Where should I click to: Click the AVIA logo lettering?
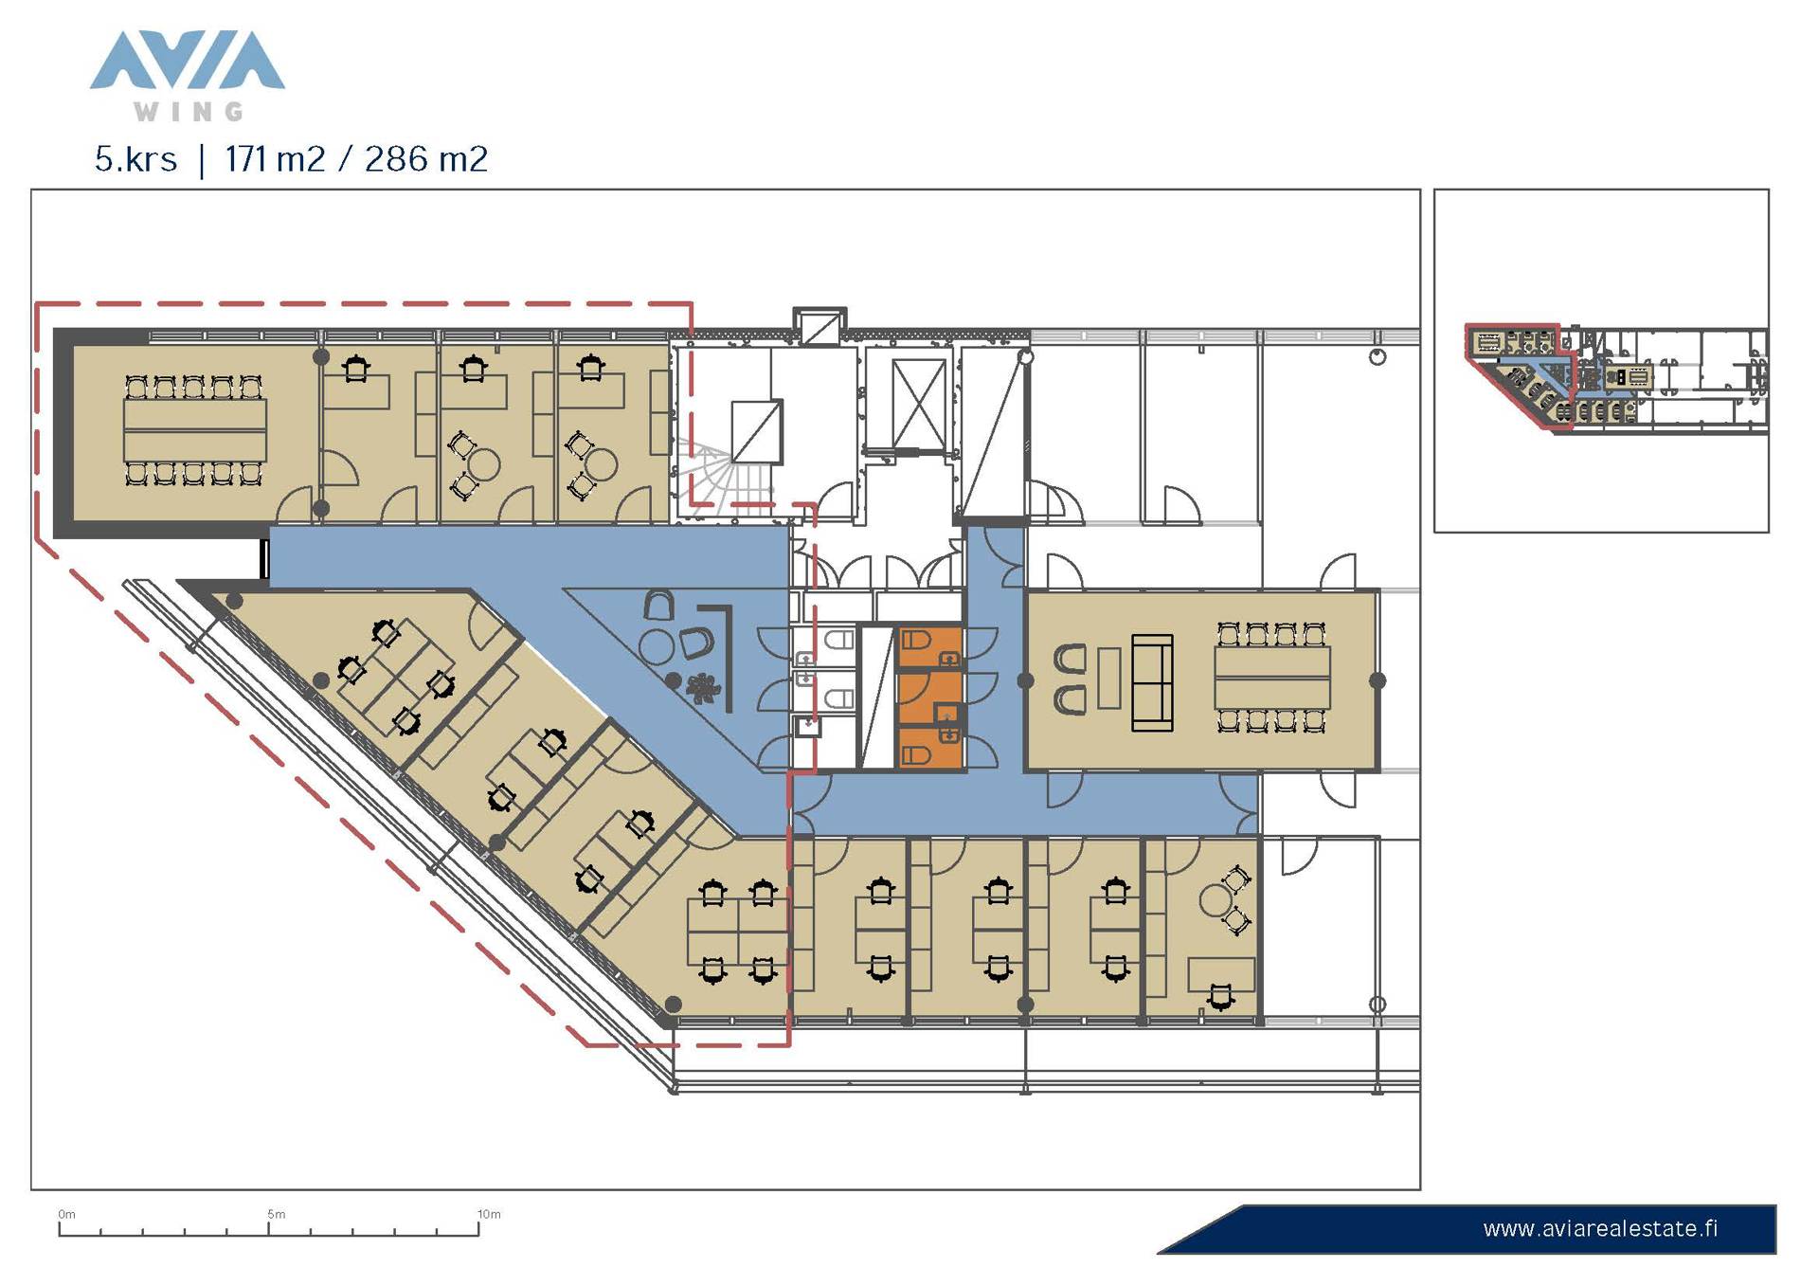(188, 61)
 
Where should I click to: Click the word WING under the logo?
(189, 112)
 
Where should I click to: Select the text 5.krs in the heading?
(135, 159)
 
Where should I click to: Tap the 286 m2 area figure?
(425, 159)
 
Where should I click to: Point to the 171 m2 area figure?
(275, 159)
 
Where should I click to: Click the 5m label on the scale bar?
(276, 1214)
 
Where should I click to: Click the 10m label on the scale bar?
(489, 1214)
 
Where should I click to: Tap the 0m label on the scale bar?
(66, 1214)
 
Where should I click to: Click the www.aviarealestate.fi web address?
(1600, 1229)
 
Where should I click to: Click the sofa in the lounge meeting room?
(1152, 682)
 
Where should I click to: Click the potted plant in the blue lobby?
(702, 687)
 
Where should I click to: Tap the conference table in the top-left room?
(194, 430)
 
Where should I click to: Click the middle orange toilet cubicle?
(929, 697)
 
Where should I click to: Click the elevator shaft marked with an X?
(919, 404)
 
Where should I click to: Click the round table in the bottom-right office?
(1216, 899)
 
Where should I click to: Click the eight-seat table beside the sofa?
(1271, 677)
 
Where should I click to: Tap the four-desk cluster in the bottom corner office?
(738, 933)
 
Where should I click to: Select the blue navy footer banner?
(1467, 1229)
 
